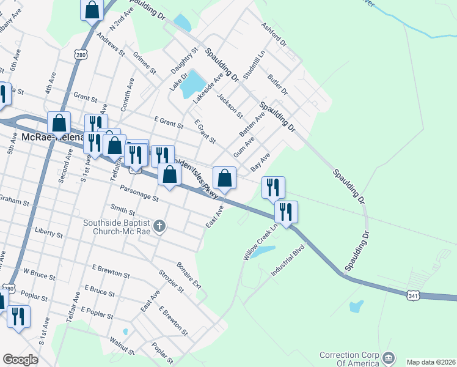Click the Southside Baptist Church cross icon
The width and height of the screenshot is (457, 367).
159,227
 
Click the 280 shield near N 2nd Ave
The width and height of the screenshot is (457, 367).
81,56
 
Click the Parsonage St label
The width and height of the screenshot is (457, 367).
139,194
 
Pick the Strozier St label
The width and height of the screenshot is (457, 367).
171,279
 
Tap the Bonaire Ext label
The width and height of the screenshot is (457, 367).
189,276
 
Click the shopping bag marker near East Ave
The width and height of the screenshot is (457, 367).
225,178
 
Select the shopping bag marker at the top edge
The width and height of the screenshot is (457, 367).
92,10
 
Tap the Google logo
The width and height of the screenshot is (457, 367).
20,360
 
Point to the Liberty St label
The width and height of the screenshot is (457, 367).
49,233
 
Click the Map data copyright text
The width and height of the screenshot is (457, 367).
430,361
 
